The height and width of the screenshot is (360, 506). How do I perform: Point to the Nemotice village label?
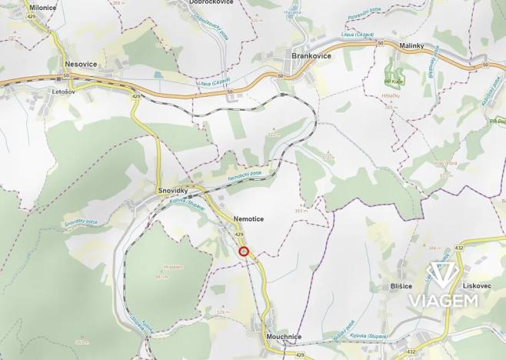tap(248, 219)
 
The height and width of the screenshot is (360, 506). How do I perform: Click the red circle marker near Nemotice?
tap(244, 251)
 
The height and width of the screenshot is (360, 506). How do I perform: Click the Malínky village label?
tap(412, 46)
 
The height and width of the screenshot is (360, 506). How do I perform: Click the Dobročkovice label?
tap(211, 2)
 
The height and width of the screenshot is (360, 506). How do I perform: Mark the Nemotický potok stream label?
tap(244, 177)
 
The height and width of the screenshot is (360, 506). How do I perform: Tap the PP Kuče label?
tap(394, 81)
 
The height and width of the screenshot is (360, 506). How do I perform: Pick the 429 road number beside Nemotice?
tap(239, 234)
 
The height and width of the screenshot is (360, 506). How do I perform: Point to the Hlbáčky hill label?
tap(391, 95)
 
